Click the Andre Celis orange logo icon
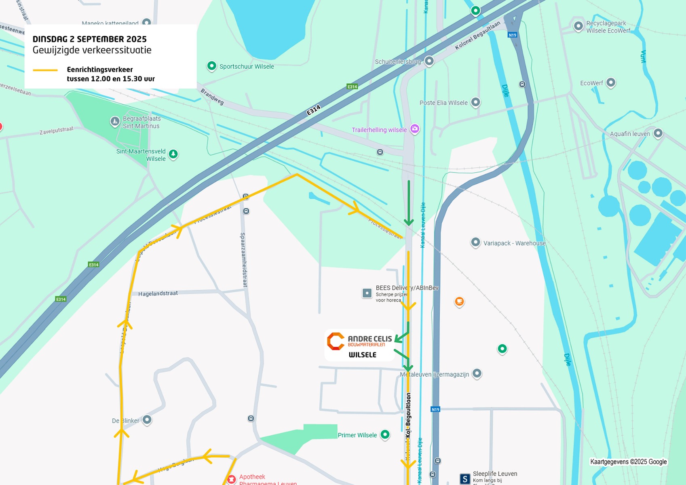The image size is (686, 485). click(x=336, y=342)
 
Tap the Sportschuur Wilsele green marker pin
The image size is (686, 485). click(x=211, y=66)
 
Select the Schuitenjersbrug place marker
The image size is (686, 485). click(x=429, y=61)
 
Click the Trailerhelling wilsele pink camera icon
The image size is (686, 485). click(x=414, y=129)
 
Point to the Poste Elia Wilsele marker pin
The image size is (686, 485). click(x=476, y=102)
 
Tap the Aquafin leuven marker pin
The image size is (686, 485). click(x=658, y=133)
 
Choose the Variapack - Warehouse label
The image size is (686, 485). click(x=514, y=243)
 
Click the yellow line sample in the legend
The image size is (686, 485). click(x=45, y=70)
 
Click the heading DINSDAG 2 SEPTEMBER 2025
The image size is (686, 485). click(x=89, y=39)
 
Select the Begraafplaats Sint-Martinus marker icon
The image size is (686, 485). click(x=115, y=121)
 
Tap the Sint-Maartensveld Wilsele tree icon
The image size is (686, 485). click(x=173, y=154)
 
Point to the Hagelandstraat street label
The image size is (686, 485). click(x=158, y=293)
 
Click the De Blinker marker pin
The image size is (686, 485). click(x=147, y=420)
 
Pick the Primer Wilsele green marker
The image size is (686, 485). click(x=385, y=434)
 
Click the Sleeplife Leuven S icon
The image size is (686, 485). click(x=465, y=479)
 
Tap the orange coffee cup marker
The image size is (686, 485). click(x=459, y=301)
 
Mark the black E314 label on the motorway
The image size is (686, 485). click(x=313, y=110)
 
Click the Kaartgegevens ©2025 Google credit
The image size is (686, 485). click(x=628, y=462)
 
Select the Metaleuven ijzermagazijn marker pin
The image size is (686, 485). click(x=477, y=373)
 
